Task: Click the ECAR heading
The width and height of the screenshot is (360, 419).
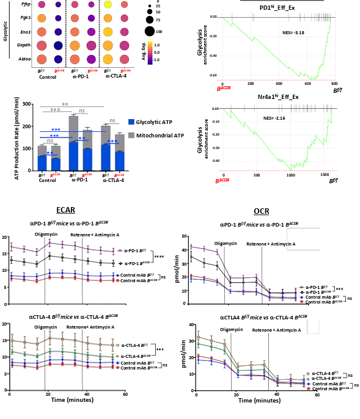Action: pos(65,210)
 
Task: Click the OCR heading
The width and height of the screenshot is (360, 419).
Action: pos(261,211)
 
